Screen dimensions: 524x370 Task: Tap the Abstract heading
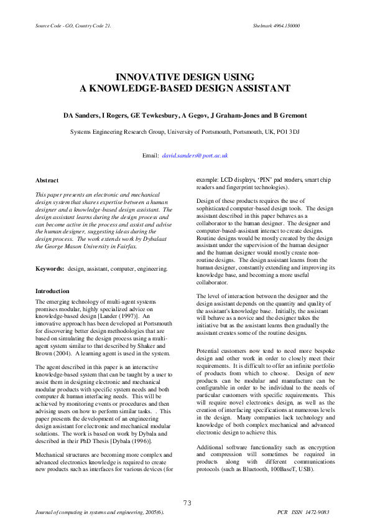tap(47, 180)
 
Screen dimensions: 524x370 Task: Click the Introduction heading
tap(53, 291)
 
